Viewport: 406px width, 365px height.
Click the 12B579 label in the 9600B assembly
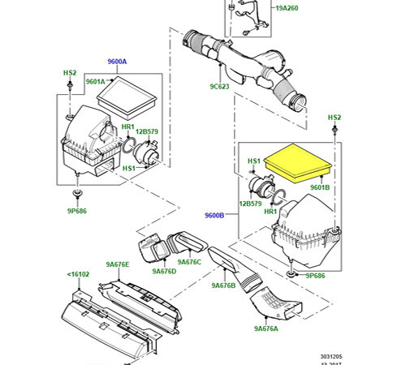[250, 204]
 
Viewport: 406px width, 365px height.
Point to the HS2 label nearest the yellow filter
[334, 118]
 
